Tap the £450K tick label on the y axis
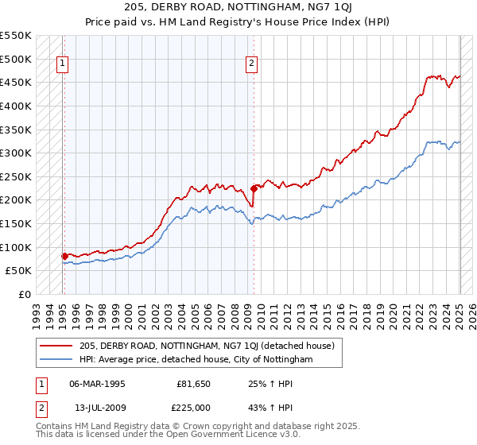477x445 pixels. [x=16, y=82]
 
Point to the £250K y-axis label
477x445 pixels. [x=16, y=176]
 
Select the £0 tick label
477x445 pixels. [x=25, y=294]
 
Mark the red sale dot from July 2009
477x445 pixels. [x=254, y=188]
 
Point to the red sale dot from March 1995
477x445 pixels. [x=65, y=256]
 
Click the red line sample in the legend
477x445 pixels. [x=56, y=346]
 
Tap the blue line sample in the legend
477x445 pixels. [x=56, y=360]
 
